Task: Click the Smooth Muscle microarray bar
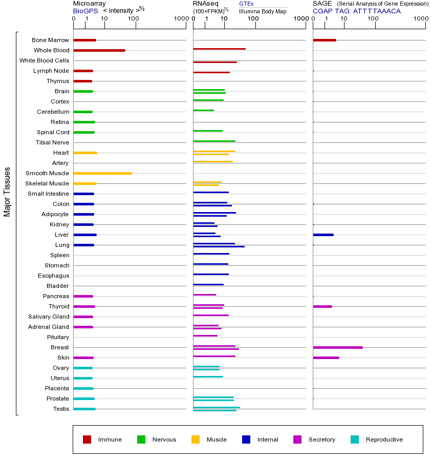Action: [x=102, y=173]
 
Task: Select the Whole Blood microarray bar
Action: [x=99, y=50]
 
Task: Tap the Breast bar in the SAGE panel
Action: [x=337, y=347]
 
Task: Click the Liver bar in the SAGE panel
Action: [x=323, y=235]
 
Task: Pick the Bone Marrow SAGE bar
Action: [x=324, y=40]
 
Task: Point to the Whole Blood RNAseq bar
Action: [x=219, y=49]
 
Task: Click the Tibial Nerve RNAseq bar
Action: [x=214, y=141]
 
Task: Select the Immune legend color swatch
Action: [x=87, y=439]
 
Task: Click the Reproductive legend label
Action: [x=384, y=439]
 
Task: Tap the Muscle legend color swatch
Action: [x=196, y=439]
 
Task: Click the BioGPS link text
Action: [x=84, y=11]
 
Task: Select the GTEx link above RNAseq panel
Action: [x=246, y=4]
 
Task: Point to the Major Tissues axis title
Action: [x=7, y=192]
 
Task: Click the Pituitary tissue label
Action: [x=58, y=337]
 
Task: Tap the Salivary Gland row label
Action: [x=49, y=317]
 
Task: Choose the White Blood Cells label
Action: [x=44, y=60]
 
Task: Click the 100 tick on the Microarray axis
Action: [x=134, y=19]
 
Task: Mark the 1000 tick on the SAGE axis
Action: [x=421, y=19]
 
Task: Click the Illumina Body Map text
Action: [x=263, y=11]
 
